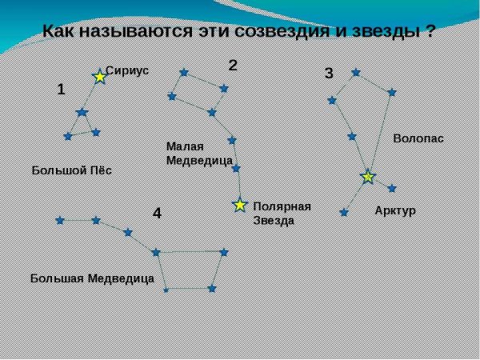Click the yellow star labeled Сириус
(x=99, y=77)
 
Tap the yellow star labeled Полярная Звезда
(x=239, y=205)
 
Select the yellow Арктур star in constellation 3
(x=367, y=177)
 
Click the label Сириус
(x=127, y=70)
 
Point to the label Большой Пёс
(x=72, y=170)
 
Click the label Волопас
(x=418, y=138)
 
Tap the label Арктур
(x=395, y=210)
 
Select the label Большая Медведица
(x=92, y=278)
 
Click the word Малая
(x=185, y=146)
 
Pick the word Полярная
(x=282, y=206)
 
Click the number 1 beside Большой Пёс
(x=61, y=90)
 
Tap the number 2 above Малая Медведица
(x=233, y=65)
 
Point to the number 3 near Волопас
(x=328, y=74)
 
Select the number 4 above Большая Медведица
(x=157, y=214)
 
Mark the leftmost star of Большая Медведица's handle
(x=59, y=220)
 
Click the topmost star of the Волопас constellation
(x=356, y=72)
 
